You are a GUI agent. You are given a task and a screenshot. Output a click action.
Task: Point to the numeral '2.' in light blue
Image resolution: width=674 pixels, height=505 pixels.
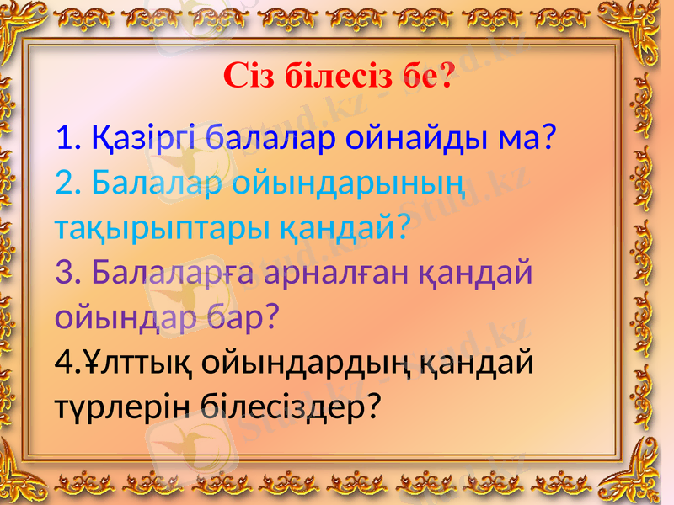click(x=68, y=181)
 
